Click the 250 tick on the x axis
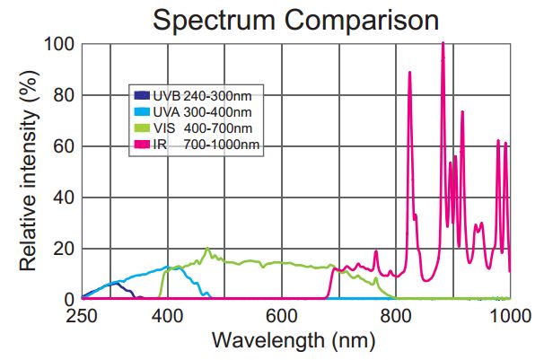tap(82, 315)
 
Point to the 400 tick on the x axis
tap(167, 315)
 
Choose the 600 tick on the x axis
tap(282, 315)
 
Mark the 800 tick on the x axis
tap(396, 315)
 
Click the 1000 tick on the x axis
tap(509, 315)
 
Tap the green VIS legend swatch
tap(142, 127)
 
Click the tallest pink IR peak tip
tap(443, 42)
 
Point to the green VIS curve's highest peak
tap(207, 249)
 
